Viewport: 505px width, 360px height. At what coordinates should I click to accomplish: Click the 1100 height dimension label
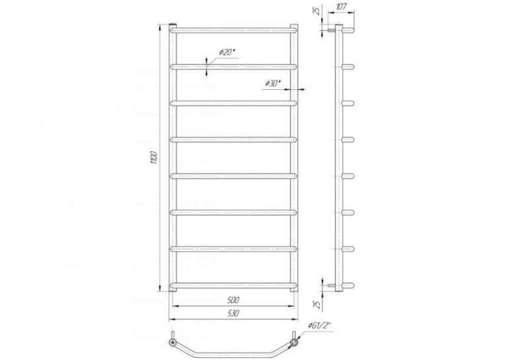[x=154, y=158]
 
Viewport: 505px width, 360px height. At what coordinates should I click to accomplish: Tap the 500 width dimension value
[x=233, y=300]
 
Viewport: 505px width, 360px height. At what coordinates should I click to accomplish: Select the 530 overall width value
[x=233, y=313]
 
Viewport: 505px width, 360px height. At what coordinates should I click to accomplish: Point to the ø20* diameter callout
[x=227, y=52]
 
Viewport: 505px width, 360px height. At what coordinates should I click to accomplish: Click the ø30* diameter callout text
[x=273, y=83]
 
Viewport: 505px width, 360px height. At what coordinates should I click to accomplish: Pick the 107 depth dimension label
[x=341, y=7]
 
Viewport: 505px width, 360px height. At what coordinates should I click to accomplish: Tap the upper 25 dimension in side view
[x=318, y=11]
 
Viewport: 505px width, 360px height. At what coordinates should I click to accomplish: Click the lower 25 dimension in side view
[x=318, y=305]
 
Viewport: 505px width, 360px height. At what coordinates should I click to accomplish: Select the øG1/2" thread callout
[x=319, y=326]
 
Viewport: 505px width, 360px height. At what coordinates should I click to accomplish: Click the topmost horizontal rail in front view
[x=233, y=30]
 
